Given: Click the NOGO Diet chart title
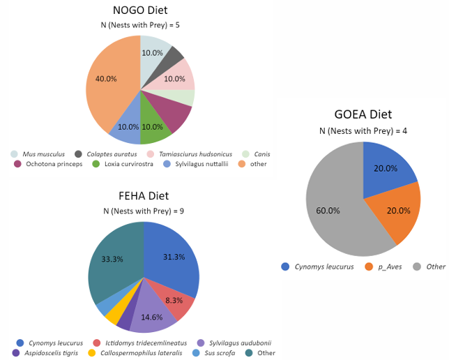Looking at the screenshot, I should coord(140,10).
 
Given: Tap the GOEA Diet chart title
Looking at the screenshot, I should coord(363,114).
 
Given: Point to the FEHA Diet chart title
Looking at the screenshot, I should coord(144,196).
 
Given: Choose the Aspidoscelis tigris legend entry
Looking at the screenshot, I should coord(51,353).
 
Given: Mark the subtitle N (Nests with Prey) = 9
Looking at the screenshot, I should coord(144,211).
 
